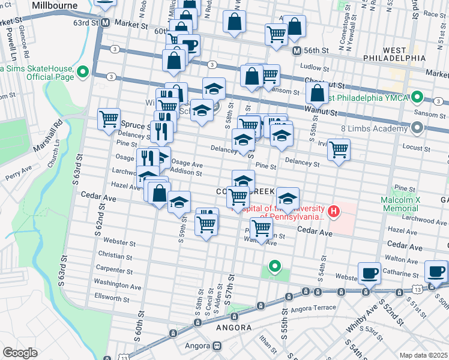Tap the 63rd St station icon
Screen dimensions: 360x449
[105, 23]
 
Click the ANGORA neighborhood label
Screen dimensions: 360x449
[234, 328]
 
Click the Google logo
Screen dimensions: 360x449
[20, 353]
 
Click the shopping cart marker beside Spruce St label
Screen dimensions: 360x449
[109, 118]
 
